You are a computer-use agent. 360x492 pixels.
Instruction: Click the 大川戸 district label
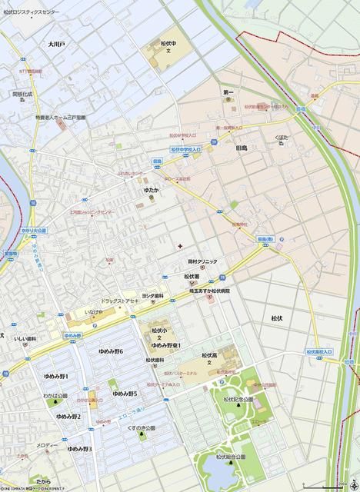point(56,45)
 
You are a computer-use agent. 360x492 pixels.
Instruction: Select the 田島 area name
point(241,148)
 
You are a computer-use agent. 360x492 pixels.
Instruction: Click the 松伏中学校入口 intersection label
point(185,150)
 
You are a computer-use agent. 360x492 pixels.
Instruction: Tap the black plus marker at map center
point(180,246)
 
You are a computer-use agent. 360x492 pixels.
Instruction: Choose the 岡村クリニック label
point(201,262)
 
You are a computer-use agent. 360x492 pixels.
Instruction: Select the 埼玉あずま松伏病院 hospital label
point(209,291)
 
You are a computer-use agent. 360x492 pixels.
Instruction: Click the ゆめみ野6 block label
point(111,351)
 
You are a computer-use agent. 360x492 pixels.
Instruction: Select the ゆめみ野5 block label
point(125,394)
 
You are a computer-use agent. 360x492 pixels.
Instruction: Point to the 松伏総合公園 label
point(230,457)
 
